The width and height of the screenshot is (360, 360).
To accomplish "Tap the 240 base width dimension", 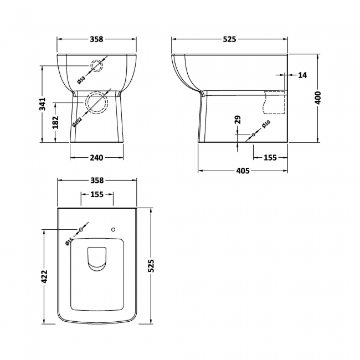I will (x=96, y=158).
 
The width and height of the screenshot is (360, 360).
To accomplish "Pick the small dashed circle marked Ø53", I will (x=96, y=66).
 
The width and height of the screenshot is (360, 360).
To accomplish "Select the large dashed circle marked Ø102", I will (x=96, y=102).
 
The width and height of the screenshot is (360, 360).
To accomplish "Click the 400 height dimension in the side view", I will (x=317, y=98).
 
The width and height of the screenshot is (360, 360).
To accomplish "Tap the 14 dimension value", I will (x=302, y=75).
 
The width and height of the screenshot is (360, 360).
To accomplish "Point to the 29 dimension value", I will (x=238, y=120).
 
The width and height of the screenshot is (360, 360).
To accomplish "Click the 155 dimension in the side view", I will (x=270, y=158).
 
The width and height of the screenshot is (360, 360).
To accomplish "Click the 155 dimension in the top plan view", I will (x=97, y=194).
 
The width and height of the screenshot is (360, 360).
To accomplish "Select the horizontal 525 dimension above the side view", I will (x=229, y=39).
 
